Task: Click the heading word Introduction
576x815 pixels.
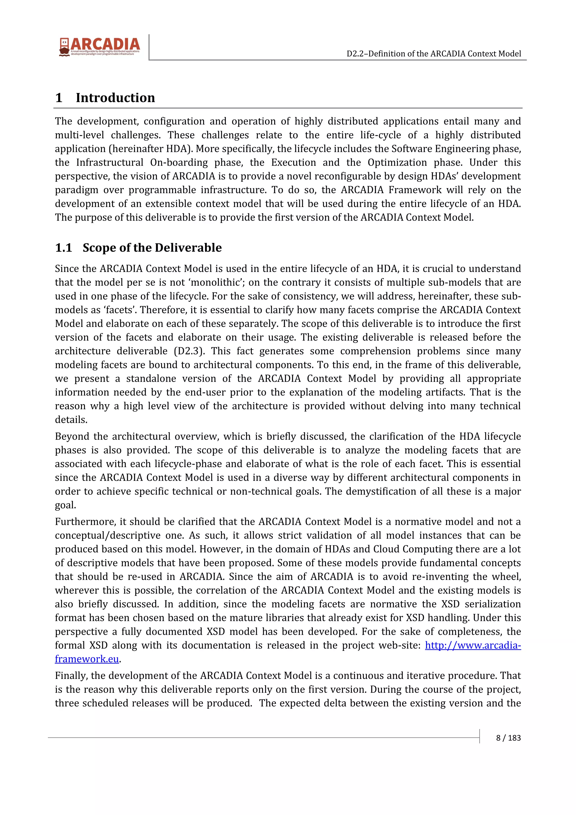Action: [115, 98]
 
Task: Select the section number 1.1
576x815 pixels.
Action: [64, 248]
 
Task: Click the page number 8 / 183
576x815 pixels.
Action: [508, 738]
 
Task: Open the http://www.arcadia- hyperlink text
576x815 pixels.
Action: [473, 645]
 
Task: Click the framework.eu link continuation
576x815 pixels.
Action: [87, 659]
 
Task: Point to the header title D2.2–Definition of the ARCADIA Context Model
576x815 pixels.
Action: [434, 54]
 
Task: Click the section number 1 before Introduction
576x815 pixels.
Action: [59, 98]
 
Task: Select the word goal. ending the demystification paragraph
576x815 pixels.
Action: [65, 505]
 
